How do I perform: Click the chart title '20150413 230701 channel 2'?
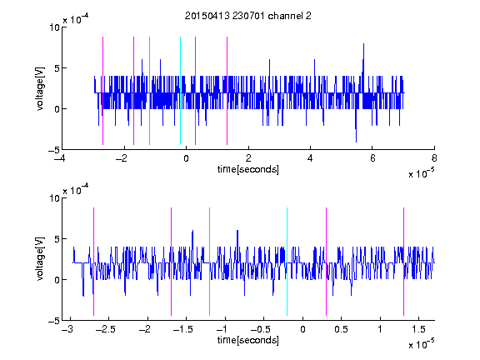tap(248, 16)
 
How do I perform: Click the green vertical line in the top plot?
tap(149, 91)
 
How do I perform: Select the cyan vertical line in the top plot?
tap(180, 91)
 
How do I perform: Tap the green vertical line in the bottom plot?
tap(209, 262)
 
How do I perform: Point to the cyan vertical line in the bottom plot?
tap(287, 262)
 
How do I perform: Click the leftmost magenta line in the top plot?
tap(102, 91)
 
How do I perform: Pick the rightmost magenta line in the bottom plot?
tap(403, 262)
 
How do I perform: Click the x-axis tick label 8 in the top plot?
tap(434, 158)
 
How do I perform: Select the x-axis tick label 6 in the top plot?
tap(372, 158)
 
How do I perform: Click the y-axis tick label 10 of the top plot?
tap(55, 27)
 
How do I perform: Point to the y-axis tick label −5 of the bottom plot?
tap(54, 321)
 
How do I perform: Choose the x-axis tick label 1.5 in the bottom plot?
tap(419, 329)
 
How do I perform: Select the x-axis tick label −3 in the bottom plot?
tap(67, 329)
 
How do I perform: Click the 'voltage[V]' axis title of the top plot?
tap(40, 88)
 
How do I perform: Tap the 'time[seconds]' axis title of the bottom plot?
tap(248, 340)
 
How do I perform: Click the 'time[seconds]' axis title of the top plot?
tap(248, 169)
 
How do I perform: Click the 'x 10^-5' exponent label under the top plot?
tap(421, 173)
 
